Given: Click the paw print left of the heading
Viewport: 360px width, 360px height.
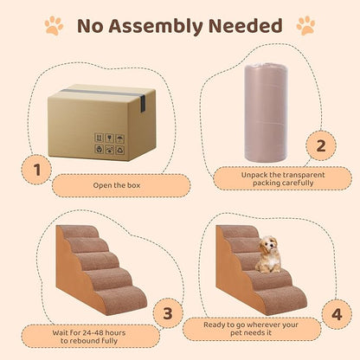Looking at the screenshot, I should [53, 26].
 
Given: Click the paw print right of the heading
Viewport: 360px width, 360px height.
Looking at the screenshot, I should [305, 26].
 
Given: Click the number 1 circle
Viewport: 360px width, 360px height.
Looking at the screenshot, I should [36, 170].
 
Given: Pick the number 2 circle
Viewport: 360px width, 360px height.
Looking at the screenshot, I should [319, 145].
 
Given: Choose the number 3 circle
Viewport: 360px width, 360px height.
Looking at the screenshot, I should [168, 312].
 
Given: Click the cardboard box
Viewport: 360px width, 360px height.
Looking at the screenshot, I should [101, 122].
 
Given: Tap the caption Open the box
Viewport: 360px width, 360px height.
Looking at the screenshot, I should [118, 184].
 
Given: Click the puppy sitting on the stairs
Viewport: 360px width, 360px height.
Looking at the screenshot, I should [271, 254].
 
